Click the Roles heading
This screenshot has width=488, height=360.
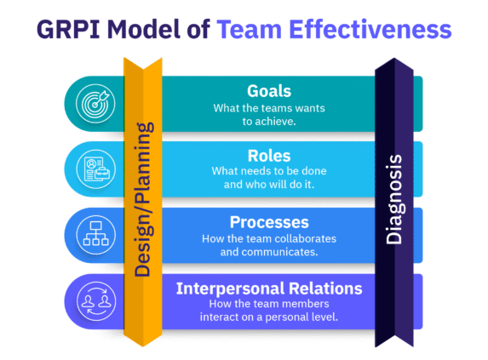pyautogui.click(x=268, y=157)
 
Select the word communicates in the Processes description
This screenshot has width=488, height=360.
pyautogui.click(x=287, y=252)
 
